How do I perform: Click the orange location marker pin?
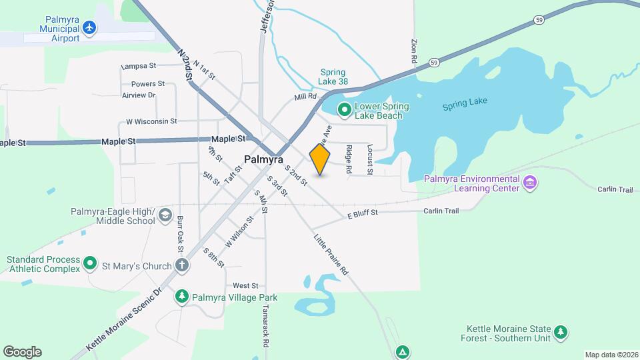click(x=320, y=159)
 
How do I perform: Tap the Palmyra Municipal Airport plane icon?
click(x=89, y=28)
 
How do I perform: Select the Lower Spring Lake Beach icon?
click(x=345, y=109)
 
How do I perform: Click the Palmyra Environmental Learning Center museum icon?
click(x=530, y=182)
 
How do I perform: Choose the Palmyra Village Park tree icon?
click(x=181, y=296)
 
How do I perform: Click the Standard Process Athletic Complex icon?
click(x=90, y=265)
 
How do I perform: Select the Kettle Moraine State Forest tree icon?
click(x=561, y=331)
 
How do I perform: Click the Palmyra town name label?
click(x=263, y=160)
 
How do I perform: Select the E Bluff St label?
click(x=363, y=214)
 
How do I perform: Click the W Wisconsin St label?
click(x=151, y=122)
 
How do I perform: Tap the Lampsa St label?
click(x=138, y=67)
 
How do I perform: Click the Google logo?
click(x=22, y=351)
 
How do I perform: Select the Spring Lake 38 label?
click(x=334, y=77)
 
